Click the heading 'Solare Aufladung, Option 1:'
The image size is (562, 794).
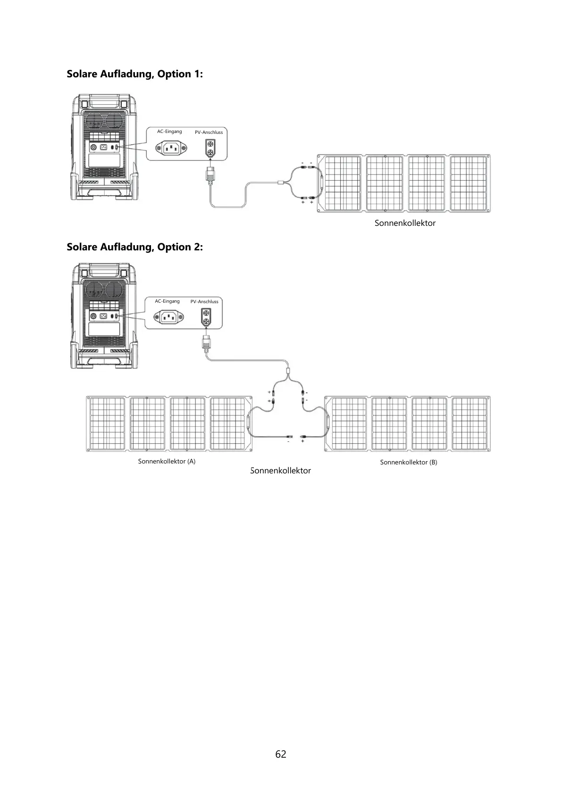[135, 74]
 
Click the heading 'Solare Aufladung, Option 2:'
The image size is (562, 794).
[135, 247]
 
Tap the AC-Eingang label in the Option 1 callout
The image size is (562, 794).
[169, 132]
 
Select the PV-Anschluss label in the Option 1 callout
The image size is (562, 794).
[209, 132]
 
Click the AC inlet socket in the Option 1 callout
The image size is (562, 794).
[171, 149]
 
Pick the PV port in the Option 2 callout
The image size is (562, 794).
[205, 317]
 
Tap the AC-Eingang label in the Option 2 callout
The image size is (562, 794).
[167, 301]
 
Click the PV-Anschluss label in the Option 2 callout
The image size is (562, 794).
[204, 302]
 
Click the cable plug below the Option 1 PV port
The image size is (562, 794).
[210, 175]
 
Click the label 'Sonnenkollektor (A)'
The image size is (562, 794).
[167, 461]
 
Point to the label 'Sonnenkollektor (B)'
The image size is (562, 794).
[409, 462]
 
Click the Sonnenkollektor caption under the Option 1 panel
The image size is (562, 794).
[405, 223]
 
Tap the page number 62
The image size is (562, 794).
[281, 754]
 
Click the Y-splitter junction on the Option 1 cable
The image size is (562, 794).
[281, 182]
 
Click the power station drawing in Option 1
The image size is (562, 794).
[105, 149]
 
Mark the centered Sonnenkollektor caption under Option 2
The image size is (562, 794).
[280, 471]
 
